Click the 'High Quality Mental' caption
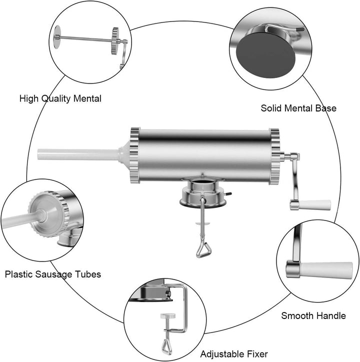tap(60, 98)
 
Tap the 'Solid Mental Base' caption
tap(298, 108)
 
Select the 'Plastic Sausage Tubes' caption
tap(53, 274)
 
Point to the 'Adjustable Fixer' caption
tap(234, 354)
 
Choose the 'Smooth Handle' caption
tap(313, 315)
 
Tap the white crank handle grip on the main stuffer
tap(314, 205)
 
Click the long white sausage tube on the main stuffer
tap(78, 154)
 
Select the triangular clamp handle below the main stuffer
tap(203, 250)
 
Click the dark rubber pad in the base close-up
tap(265, 55)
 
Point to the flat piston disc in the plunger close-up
tap(57, 37)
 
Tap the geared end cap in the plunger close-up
tap(115, 41)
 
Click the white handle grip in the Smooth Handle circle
tap(325, 270)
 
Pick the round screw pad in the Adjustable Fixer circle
tap(168, 316)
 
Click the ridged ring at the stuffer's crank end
tap(275, 156)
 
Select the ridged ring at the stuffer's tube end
tap(135, 155)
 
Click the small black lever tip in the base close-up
tap(300, 29)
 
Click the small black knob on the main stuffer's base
tap(229, 194)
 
